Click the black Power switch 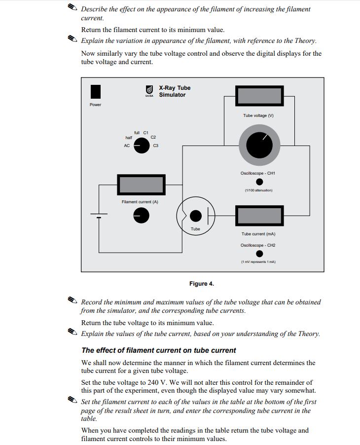(x=96, y=92)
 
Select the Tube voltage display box (x=259, y=96)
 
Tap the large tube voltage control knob (x=259, y=145)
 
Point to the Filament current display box (x=141, y=185)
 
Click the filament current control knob (x=141, y=215)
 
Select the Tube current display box (x=259, y=216)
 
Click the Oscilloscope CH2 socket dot (x=258, y=253)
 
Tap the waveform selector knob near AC (x=142, y=146)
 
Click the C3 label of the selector (x=156, y=146)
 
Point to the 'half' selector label (x=129, y=138)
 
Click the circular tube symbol (x=195, y=216)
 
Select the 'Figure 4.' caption (x=201, y=284)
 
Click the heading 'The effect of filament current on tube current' (x=159, y=350)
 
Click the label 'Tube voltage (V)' (x=258, y=115)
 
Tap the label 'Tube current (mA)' (x=258, y=234)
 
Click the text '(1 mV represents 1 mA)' (x=258, y=262)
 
